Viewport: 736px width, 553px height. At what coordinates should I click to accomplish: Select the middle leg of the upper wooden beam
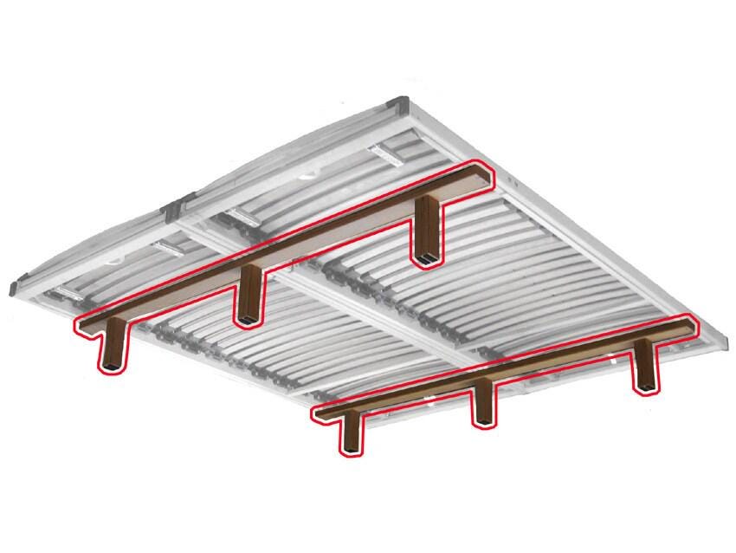tap(249, 295)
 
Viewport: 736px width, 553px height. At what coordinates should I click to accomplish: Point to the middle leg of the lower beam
tap(484, 404)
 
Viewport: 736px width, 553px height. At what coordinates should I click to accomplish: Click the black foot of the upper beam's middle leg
tap(249, 320)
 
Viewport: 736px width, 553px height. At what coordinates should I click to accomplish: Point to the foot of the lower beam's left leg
tap(351, 450)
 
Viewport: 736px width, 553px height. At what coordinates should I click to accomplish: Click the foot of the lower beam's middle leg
tap(484, 422)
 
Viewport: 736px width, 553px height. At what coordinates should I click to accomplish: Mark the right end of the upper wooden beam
tap(481, 173)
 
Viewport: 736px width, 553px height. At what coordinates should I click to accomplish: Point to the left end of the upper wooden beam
tap(84, 325)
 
